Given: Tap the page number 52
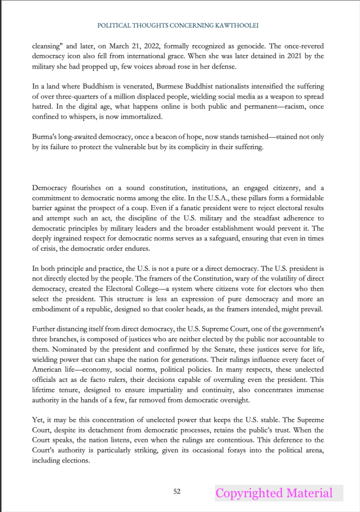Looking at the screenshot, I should pos(177,491).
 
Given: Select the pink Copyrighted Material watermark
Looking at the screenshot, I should pos(274,493).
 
